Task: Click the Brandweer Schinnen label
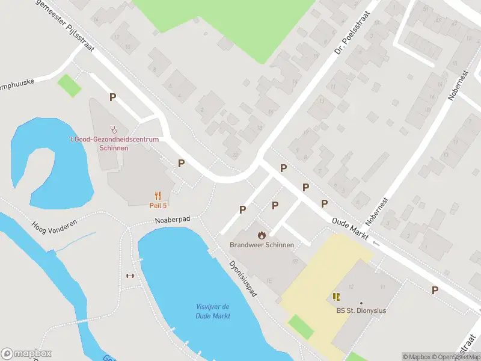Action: (262, 245)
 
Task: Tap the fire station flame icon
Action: (262, 235)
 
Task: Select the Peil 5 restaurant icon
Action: (158, 195)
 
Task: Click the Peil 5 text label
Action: (158, 205)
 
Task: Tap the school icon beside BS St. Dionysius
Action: (336, 297)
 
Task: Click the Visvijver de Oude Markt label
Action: (213, 312)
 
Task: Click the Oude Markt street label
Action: (350, 229)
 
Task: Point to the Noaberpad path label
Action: (172, 220)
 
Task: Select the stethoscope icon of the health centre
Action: (113, 128)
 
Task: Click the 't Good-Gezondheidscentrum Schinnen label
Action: (113, 143)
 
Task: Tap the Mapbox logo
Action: (26, 354)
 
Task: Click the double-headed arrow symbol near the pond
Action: (129, 276)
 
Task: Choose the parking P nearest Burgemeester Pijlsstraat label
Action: (112, 97)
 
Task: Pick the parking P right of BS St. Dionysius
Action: (435, 290)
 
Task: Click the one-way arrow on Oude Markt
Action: (376, 244)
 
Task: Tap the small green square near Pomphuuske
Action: (69, 85)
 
